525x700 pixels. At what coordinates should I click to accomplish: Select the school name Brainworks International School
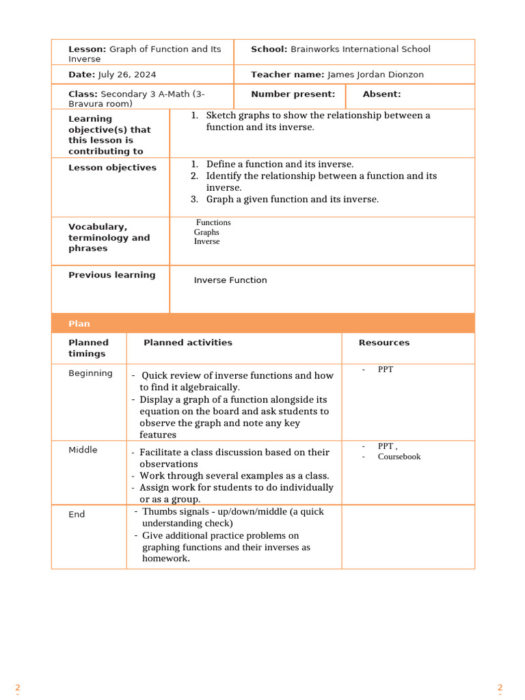360,49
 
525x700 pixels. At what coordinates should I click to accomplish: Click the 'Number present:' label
293,94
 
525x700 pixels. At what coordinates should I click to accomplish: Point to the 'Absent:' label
381,94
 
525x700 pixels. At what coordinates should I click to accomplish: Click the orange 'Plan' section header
79,323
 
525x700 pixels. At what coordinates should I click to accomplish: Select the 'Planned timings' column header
88,348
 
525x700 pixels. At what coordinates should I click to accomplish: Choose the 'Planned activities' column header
188,342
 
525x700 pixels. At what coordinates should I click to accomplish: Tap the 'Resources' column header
384,342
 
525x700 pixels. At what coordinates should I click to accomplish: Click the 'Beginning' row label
90,373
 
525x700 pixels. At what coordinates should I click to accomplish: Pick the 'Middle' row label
83,450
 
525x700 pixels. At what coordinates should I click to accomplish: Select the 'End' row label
77,514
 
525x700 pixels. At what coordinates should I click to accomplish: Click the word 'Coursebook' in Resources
399,457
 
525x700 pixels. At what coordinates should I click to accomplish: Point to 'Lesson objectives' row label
112,167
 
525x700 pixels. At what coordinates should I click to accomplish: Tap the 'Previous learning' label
111,275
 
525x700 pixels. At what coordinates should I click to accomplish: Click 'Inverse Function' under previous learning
230,280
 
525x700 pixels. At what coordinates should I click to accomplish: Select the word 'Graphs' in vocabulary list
206,232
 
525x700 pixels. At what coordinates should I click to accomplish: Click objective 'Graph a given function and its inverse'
292,200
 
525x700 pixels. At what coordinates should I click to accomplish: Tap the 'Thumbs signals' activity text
178,511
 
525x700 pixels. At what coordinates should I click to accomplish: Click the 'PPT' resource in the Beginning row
386,370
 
